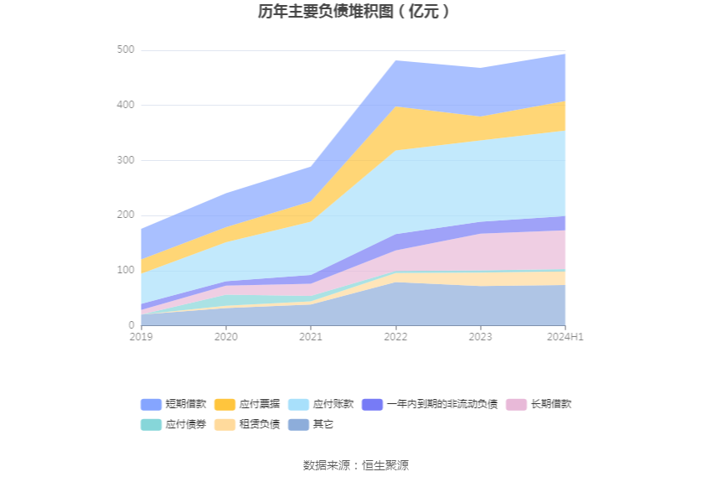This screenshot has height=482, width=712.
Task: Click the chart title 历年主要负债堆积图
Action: click(355, 12)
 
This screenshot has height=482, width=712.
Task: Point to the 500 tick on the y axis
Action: click(126, 50)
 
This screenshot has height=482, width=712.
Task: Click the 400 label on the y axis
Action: click(126, 106)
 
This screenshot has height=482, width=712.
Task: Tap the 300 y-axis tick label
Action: click(126, 160)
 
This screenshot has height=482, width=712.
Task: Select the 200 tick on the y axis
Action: click(126, 215)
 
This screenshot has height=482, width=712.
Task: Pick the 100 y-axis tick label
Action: click(126, 270)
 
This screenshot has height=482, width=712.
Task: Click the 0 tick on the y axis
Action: click(131, 325)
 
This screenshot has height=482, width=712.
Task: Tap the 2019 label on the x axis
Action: click(142, 337)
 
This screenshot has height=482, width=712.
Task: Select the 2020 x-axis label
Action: click(226, 337)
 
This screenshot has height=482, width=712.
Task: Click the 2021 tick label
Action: click(311, 337)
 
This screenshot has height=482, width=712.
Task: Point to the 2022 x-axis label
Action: click(395, 337)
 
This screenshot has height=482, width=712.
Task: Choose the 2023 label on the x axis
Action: click(480, 337)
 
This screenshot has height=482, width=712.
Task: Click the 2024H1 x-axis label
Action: click(565, 337)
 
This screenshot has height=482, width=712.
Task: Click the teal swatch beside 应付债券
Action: click(151, 425)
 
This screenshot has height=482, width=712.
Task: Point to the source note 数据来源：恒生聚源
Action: click(355, 465)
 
